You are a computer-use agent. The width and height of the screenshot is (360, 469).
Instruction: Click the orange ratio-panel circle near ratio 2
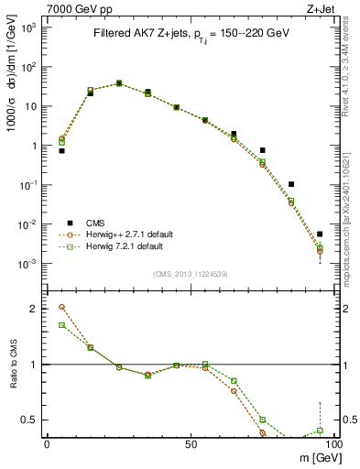pos(61,307)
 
